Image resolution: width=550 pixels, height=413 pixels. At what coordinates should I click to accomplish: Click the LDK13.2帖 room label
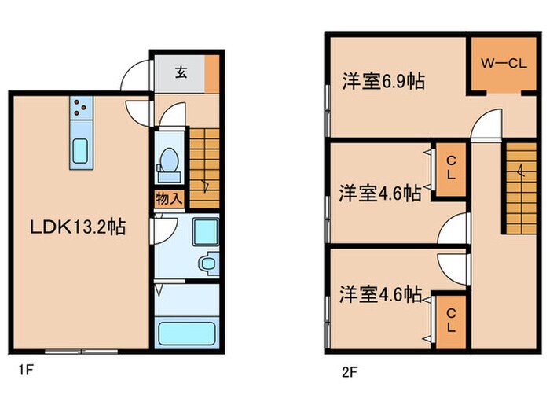click(x=78, y=227)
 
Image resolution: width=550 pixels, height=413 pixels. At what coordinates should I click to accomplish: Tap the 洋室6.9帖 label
click(x=383, y=81)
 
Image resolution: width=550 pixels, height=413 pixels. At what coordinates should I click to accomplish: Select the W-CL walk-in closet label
click(x=504, y=64)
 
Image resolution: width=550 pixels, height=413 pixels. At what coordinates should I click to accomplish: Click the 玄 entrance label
click(x=181, y=72)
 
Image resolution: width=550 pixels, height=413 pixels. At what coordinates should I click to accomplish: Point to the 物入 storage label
click(x=170, y=199)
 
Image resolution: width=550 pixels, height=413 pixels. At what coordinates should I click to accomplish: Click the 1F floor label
click(x=26, y=370)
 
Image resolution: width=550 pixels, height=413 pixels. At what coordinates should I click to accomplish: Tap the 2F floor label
click(x=350, y=372)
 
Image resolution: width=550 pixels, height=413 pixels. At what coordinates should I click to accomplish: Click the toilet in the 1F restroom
click(x=169, y=165)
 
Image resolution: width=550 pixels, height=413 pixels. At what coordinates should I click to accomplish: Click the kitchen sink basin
click(x=81, y=151)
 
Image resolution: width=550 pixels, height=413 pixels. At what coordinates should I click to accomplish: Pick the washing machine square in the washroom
click(x=206, y=232)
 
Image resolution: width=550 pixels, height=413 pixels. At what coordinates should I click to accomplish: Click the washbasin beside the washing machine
click(x=209, y=263)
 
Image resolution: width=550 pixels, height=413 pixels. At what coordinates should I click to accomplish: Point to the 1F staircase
click(x=204, y=168)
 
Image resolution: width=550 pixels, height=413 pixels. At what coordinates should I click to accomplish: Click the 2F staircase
click(x=521, y=188)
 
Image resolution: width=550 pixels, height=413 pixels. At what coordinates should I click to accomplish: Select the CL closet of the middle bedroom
click(x=451, y=170)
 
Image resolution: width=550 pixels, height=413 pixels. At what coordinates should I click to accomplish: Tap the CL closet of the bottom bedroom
click(x=451, y=322)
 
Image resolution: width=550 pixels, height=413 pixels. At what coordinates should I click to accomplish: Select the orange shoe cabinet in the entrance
click(x=212, y=74)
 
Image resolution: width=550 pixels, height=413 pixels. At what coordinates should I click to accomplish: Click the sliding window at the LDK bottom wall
click(x=82, y=351)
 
